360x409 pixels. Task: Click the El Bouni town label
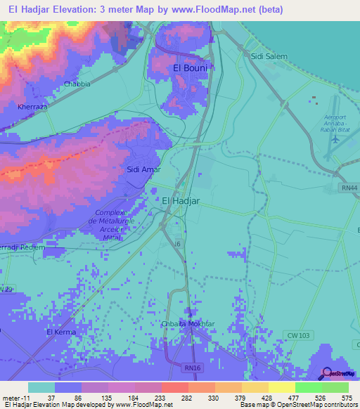(188, 68)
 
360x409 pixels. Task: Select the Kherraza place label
(32, 107)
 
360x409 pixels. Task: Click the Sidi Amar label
(143, 169)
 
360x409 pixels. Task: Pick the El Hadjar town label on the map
(181, 201)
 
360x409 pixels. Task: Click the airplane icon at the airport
(334, 139)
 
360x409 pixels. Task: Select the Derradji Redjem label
(22, 247)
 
